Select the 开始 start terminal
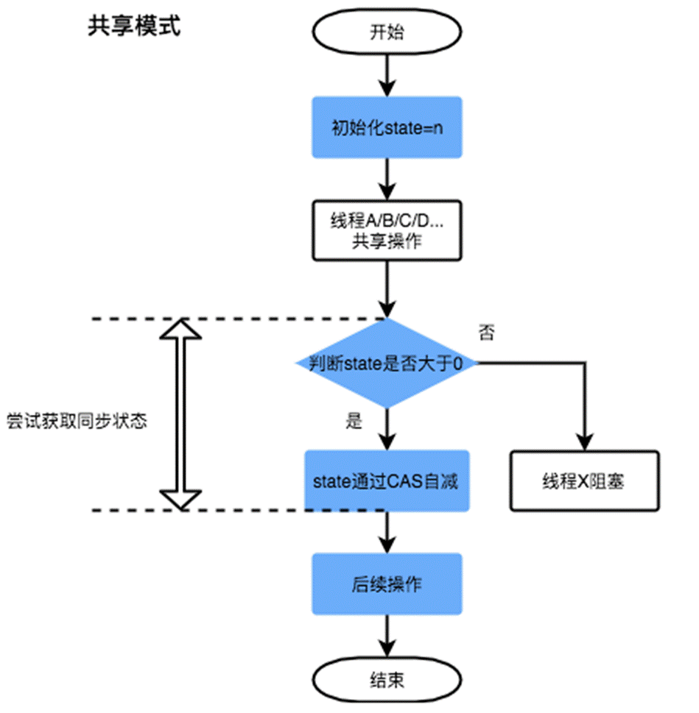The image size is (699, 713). coord(387,32)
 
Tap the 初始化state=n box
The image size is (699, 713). coord(387,127)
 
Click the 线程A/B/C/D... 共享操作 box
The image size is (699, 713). coord(387,230)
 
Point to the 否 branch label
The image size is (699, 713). coord(486,333)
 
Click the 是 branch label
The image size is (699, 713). coord(354,422)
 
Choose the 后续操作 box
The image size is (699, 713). coord(387,584)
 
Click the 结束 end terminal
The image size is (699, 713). coord(387,679)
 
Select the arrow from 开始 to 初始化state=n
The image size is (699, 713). coord(387,74)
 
